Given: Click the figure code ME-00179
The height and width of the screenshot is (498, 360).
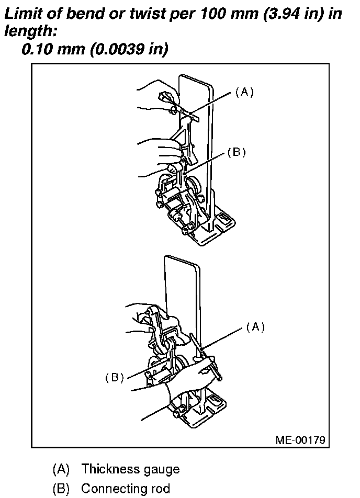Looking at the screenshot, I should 300,439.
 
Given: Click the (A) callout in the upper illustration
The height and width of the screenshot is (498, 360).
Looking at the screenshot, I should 244,92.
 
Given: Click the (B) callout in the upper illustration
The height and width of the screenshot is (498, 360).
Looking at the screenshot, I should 237,152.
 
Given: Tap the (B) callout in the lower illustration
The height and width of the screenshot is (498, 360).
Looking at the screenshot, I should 114,378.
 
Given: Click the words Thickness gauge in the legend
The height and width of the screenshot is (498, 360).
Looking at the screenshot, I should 130,469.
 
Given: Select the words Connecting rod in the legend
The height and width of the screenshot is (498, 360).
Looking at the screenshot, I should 126,489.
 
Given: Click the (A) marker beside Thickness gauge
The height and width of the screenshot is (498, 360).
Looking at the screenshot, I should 61,469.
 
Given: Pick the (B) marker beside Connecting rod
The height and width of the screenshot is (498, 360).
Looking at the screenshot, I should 61,489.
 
